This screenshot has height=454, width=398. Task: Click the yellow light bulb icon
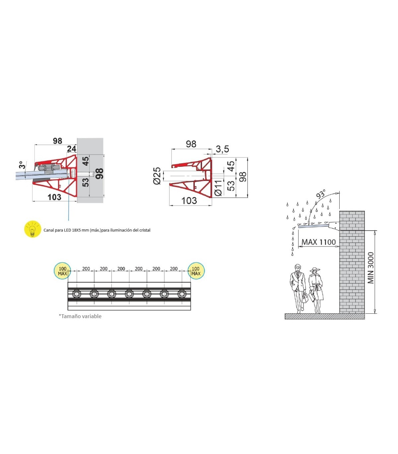click(x=33, y=229)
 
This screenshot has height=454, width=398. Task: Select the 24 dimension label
click(x=72, y=149)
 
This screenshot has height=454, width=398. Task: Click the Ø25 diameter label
click(x=157, y=176)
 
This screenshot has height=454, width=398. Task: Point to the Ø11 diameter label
click(x=218, y=188)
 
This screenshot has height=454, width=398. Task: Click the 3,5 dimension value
click(x=222, y=149)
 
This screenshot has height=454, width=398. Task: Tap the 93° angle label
click(x=321, y=194)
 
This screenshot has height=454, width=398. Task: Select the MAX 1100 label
click(x=318, y=242)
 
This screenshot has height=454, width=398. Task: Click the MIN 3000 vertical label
click(x=371, y=268)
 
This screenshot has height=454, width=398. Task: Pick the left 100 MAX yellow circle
click(x=62, y=271)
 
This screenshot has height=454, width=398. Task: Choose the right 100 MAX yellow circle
click(x=196, y=271)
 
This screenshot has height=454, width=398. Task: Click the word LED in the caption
click(x=67, y=230)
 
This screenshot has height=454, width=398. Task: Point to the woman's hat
click(x=315, y=269)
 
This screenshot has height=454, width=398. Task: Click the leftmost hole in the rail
click(x=77, y=294)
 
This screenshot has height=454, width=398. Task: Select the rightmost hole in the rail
click(x=182, y=294)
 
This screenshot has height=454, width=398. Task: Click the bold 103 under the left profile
click(x=54, y=197)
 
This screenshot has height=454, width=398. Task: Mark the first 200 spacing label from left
click(x=86, y=269)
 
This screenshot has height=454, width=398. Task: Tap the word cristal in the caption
click(x=145, y=230)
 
